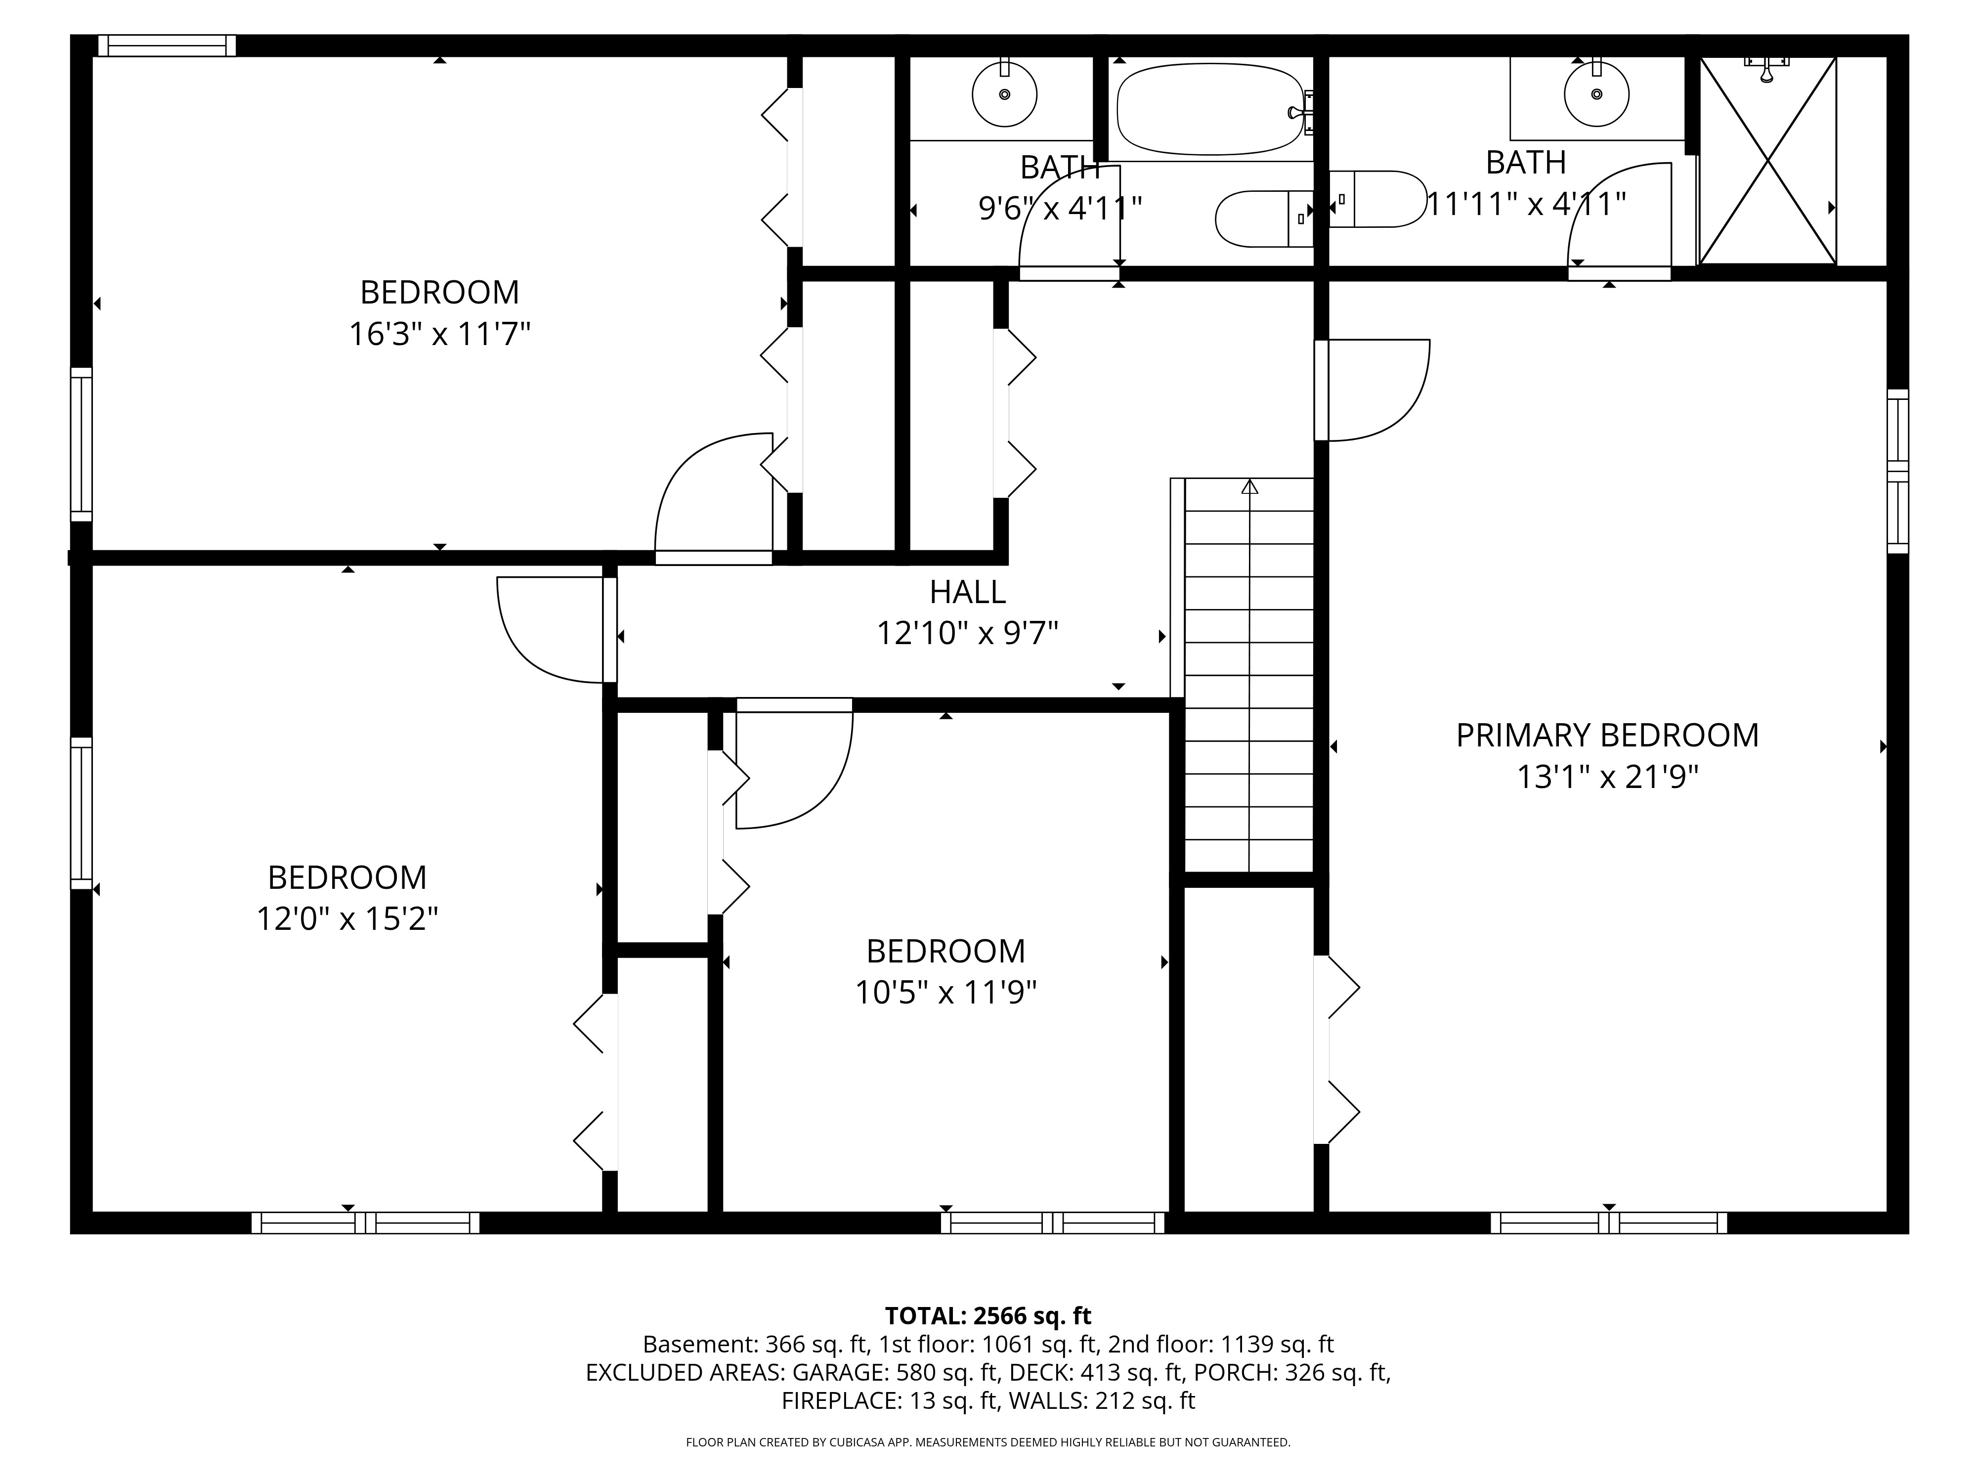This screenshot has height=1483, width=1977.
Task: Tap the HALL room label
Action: tap(967, 592)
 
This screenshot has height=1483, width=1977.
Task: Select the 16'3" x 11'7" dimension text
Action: tap(440, 334)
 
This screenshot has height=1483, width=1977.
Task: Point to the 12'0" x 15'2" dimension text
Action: tap(347, 919)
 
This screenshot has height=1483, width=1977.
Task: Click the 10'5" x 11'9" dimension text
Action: tap(946, 992)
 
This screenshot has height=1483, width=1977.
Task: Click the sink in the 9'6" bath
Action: tap(1005, 93)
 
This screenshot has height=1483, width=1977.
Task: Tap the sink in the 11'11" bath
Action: tap(1596, 93)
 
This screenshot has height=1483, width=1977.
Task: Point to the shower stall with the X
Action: tap(1767, 161)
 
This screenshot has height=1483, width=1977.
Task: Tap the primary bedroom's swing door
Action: tap(1372, 390)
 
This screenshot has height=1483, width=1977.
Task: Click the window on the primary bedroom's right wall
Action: tap(1897, 471)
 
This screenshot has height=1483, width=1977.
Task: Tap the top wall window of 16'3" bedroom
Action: tap(167, 45)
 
